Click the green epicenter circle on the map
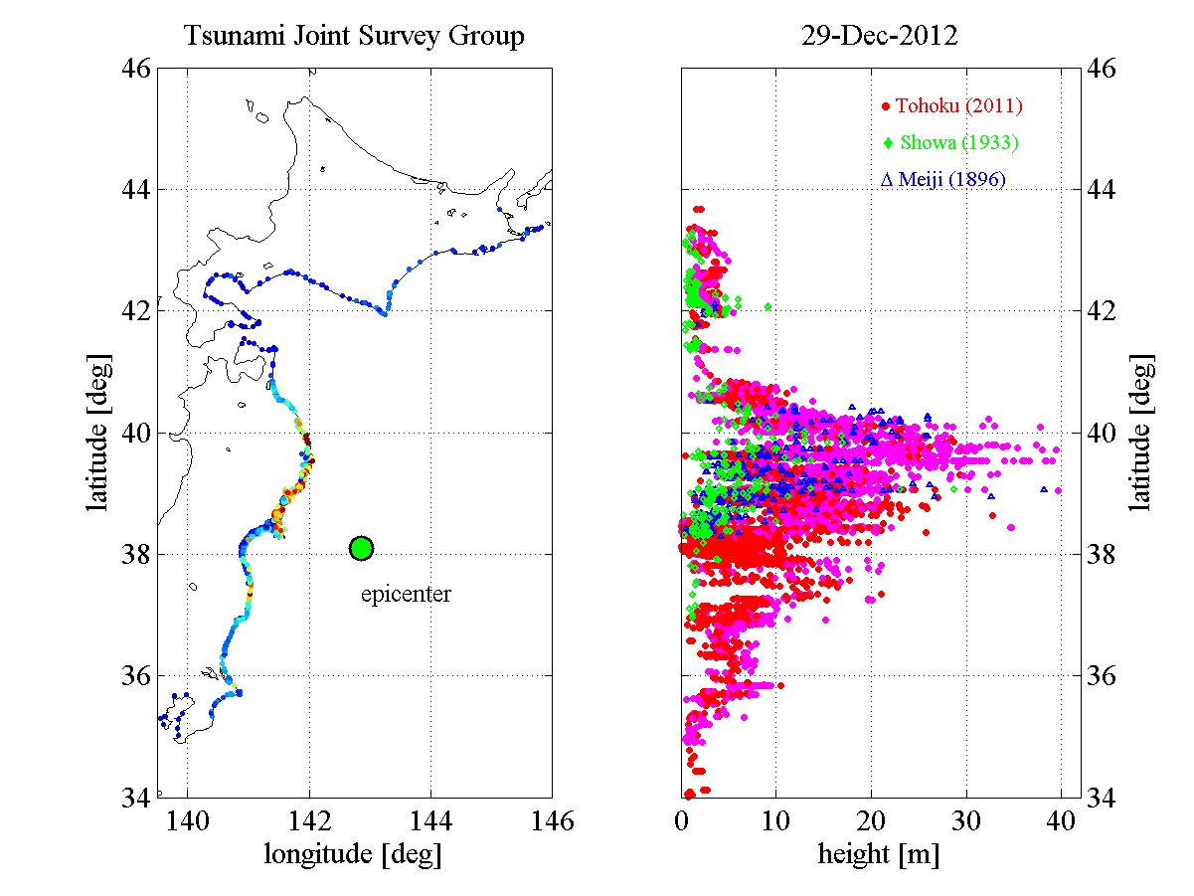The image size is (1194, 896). coord(361,548)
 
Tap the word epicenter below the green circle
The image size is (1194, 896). coord(405,595)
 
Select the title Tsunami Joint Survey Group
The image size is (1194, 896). coord(354,38)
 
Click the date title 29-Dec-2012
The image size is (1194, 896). coord(880,38)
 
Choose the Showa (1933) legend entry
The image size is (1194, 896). coord(950,143)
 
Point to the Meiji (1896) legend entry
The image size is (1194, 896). coord(943,180)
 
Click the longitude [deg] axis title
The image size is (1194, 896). coord(353,853)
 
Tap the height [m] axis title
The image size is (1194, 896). coord(878,853)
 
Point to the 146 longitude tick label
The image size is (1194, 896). coord(552,821)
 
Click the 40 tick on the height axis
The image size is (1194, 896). coord(1061,821)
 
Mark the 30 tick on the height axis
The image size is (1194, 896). coord(966,821)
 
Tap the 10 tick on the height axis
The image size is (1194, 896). coord(775,821)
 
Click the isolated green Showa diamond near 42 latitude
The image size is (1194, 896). coord(768,307)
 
